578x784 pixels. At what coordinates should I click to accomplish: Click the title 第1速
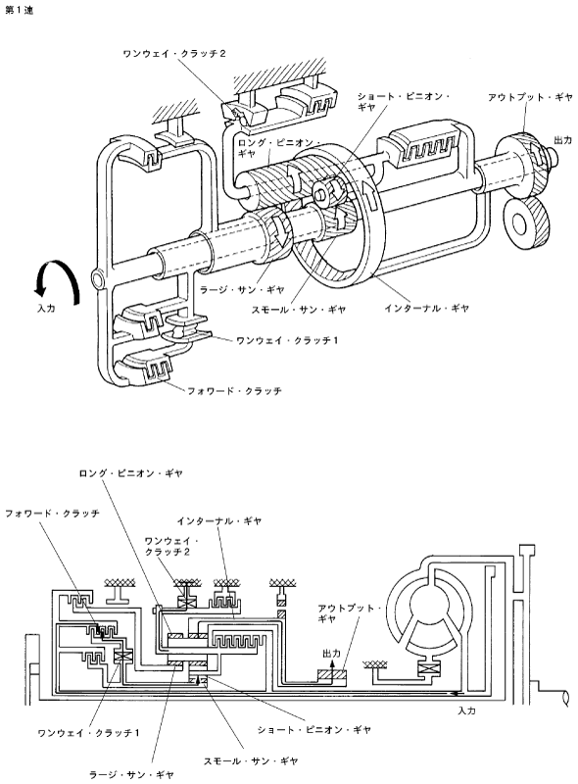(x=19, y=10)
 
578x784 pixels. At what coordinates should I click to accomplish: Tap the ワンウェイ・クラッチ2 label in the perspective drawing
(x=174, y=54)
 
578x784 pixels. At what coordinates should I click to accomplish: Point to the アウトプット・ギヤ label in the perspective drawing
(x=530, y=97)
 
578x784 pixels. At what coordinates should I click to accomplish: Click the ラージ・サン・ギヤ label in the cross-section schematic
(x=131, y=774)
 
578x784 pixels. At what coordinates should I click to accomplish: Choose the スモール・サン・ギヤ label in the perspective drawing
(x=299, y=310)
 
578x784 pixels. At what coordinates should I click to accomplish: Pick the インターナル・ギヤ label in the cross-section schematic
(x=219, y=521)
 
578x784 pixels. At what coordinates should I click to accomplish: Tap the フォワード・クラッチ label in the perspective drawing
(x=234, y=390)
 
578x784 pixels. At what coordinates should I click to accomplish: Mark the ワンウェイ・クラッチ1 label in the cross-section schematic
(x=89, y=733)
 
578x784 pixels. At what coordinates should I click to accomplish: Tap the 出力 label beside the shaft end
(x=562, y=140)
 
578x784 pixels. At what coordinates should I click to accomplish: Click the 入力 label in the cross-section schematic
(x=466, y=710)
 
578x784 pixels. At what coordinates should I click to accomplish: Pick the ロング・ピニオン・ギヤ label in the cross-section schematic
(x=130, y=473)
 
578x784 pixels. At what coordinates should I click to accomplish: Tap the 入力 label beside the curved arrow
(x=46, y=309)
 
